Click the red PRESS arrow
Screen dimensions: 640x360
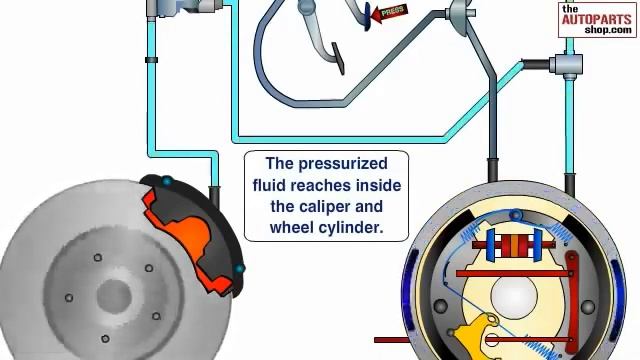[389, 13]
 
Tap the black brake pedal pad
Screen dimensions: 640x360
[338, 58]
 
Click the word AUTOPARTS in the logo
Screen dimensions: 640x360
[596, 19]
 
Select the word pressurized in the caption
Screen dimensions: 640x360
[343, 164]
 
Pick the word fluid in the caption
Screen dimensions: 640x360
[269, 185]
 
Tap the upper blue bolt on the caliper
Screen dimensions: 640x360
[167, 181]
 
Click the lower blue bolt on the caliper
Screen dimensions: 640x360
[239, 269]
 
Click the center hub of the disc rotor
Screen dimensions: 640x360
[114, 296]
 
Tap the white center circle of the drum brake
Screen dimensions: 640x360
[514, 296]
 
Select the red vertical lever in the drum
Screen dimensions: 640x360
[573, 302]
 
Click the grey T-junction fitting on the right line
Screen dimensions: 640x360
[567, 65]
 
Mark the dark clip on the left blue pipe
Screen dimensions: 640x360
[151, 60]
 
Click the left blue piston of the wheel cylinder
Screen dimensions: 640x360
[490, 246]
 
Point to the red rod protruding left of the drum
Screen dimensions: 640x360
[391, 340]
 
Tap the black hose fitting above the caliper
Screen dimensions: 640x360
[214, 197]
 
